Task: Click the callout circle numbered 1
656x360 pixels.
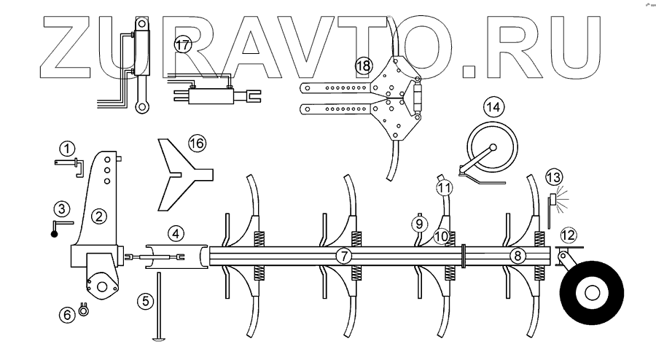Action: pyautogui.click(x=67, y=149)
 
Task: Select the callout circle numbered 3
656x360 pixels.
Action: pyautogui.click(x=63, y=209)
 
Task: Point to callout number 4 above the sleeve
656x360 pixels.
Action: pyautogui.click(x=175, y=234)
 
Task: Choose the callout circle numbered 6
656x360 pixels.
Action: pyautogui.click(x=68, y=314)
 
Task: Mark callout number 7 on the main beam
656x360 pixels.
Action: pyautogui.click(x=344, y=256)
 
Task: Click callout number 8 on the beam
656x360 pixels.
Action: pyautogui.click(x=516, y=256)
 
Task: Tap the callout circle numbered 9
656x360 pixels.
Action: pyautogui.click(x=419, y=223)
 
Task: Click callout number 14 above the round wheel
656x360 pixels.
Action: pyautogui.click(x=494, y=106)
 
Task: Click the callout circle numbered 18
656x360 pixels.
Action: pyautogui.click(x=363, y=66)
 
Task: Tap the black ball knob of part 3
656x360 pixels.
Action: pyautogui.click(x=53, y=235)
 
